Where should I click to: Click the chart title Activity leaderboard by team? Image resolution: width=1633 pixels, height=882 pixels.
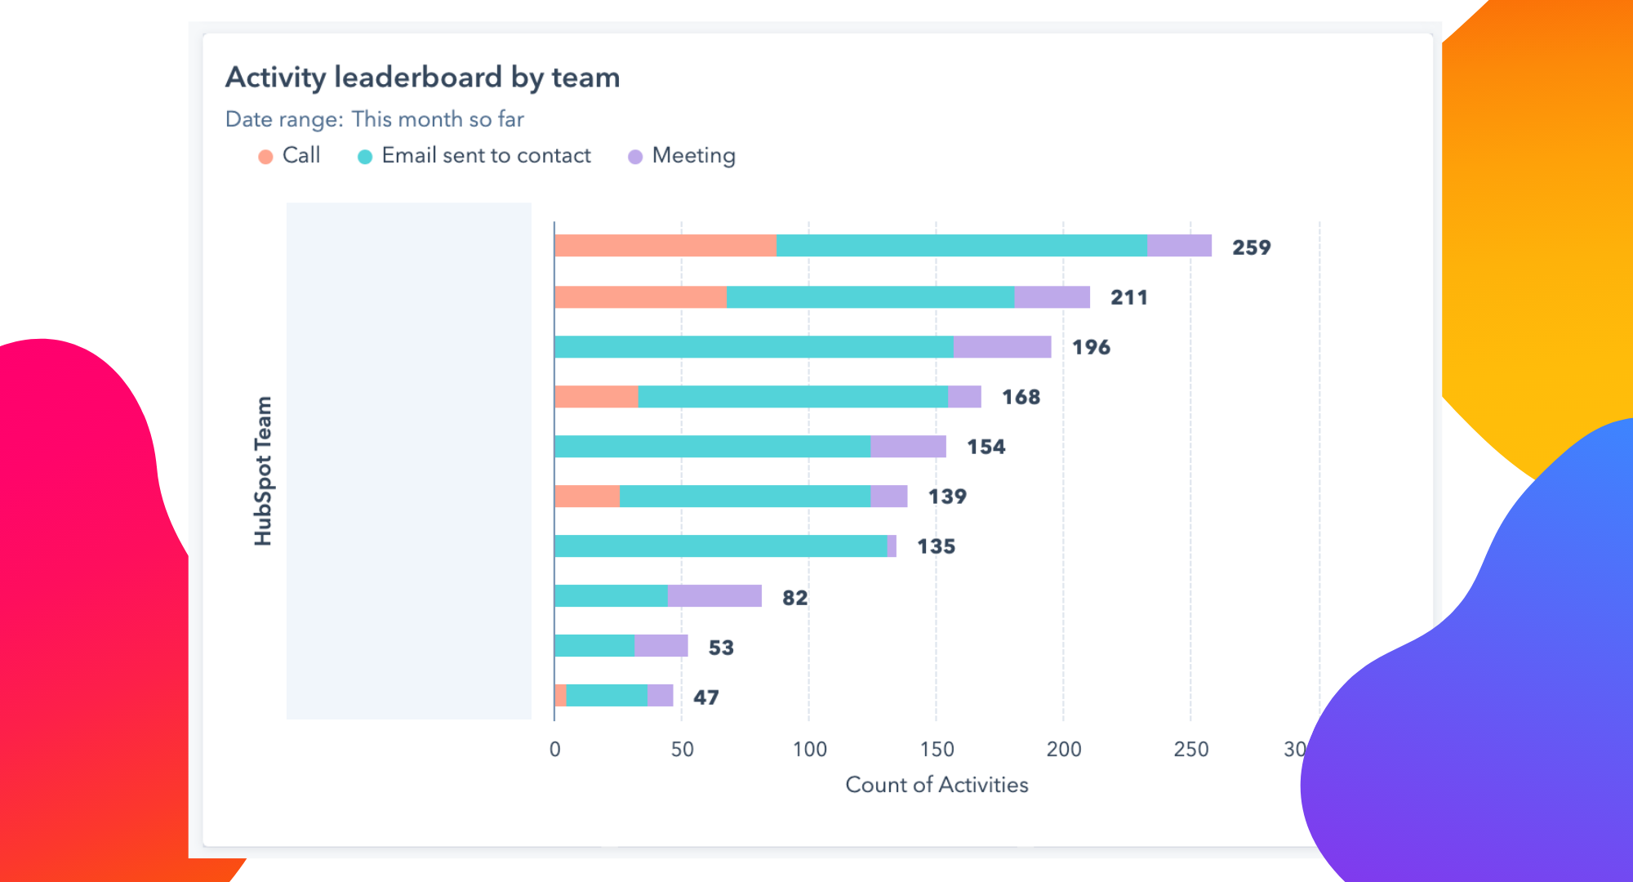422,78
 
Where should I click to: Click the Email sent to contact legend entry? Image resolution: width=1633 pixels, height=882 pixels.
474,155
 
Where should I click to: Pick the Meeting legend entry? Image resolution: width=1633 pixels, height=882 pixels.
682,155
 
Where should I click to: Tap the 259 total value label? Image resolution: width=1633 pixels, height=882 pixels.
1251,247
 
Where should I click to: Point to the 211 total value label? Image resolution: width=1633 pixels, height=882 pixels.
1128,297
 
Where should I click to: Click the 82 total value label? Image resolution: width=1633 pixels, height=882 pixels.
794,598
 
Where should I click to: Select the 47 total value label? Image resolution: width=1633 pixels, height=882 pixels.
705,697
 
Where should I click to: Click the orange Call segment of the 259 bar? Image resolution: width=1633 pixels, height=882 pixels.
665,246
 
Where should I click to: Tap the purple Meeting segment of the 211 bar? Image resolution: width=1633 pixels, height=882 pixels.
1052,297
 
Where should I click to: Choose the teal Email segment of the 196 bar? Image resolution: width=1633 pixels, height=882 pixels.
753,347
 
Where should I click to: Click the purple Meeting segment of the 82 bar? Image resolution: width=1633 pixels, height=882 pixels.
714,596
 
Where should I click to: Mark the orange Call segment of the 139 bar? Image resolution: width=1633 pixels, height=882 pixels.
586,497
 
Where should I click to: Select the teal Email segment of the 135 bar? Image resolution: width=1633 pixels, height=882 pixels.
720,546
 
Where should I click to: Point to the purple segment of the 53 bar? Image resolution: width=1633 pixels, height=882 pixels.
661,646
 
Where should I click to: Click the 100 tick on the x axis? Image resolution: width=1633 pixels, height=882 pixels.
809,749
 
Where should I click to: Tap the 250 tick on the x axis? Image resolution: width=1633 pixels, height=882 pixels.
1190,749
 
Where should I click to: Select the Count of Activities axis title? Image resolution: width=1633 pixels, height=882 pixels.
937,785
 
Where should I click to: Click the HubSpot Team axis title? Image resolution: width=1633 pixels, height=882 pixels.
263,471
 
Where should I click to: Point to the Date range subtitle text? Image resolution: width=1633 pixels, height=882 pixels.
374,119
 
